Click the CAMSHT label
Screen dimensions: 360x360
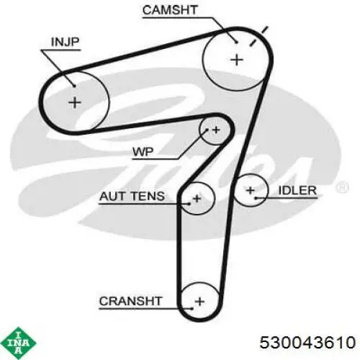(170, 10)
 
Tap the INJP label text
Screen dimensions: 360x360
(65, 42)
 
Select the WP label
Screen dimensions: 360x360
(143, 152)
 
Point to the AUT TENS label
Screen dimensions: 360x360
(132, 196)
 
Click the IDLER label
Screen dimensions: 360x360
(297, 191)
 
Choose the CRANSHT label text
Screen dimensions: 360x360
(131, 301)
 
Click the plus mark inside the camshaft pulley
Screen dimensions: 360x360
(237, 60)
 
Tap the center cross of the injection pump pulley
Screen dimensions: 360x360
(75, 103)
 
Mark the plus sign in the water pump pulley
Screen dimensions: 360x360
(216, 130)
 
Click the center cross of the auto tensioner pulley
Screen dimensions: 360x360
(197, 199)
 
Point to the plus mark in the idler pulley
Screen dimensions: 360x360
(251, 191)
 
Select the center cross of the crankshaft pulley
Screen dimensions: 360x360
(199, 302)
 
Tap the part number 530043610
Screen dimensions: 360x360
(307, 342)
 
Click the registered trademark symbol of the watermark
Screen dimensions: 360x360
(342, 187)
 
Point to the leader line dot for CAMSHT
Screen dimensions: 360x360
(236, 42)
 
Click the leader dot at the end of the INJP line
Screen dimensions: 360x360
(74, 86)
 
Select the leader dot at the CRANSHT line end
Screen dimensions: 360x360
(192, 309)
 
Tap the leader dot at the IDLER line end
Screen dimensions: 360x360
(256, 198)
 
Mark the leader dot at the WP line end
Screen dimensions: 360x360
(207, 130)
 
